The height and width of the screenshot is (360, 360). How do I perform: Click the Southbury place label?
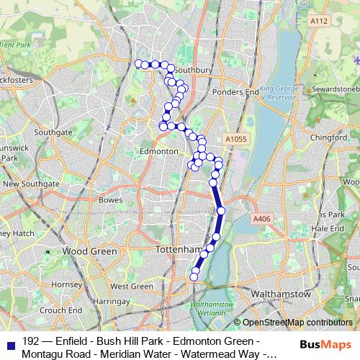(194, 71)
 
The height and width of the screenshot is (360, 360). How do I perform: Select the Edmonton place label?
(158, 152)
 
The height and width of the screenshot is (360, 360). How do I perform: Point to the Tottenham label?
(176, 249)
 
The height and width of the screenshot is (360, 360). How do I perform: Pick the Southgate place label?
(53, 132)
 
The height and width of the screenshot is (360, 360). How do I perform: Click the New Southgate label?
(30, 184)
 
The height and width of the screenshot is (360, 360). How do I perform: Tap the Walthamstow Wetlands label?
(212, 307)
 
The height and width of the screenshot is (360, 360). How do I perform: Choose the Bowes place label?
(111, 199)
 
